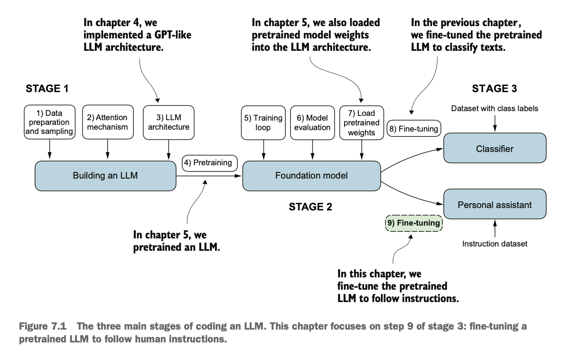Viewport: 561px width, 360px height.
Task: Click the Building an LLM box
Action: coord(105,176)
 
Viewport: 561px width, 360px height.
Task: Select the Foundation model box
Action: coord(311,176)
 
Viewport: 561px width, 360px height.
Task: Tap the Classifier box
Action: coord(495,148)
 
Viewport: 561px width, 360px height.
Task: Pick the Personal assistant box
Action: coord(495,204)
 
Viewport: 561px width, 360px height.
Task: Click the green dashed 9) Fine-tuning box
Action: coord(413,223)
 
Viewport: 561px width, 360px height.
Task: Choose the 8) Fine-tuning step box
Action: coord(413,129)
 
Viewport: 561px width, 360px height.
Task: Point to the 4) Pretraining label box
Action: coord(209,163)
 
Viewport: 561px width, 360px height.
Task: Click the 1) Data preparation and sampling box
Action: coord(49,122)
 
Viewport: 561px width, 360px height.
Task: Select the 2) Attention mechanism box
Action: coord(108,122)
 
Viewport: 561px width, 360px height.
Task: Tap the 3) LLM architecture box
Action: coord(168,123)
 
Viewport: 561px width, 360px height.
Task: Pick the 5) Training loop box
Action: coord(263,123)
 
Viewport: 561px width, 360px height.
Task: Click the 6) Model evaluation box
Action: coord(312,123)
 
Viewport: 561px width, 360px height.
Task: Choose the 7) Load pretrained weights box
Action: coord(361,123)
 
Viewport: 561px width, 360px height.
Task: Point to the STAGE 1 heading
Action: coord(47,89)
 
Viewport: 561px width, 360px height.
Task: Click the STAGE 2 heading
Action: coord(310,207)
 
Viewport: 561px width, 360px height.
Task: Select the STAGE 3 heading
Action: coord(495,89)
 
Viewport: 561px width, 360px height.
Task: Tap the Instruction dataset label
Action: coord(495,244)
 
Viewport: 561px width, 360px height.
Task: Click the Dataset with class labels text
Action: coord(495,108)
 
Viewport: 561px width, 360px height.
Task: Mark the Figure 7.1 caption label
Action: coord(43,326)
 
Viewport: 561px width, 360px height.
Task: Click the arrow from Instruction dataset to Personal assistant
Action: coord(495,228)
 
